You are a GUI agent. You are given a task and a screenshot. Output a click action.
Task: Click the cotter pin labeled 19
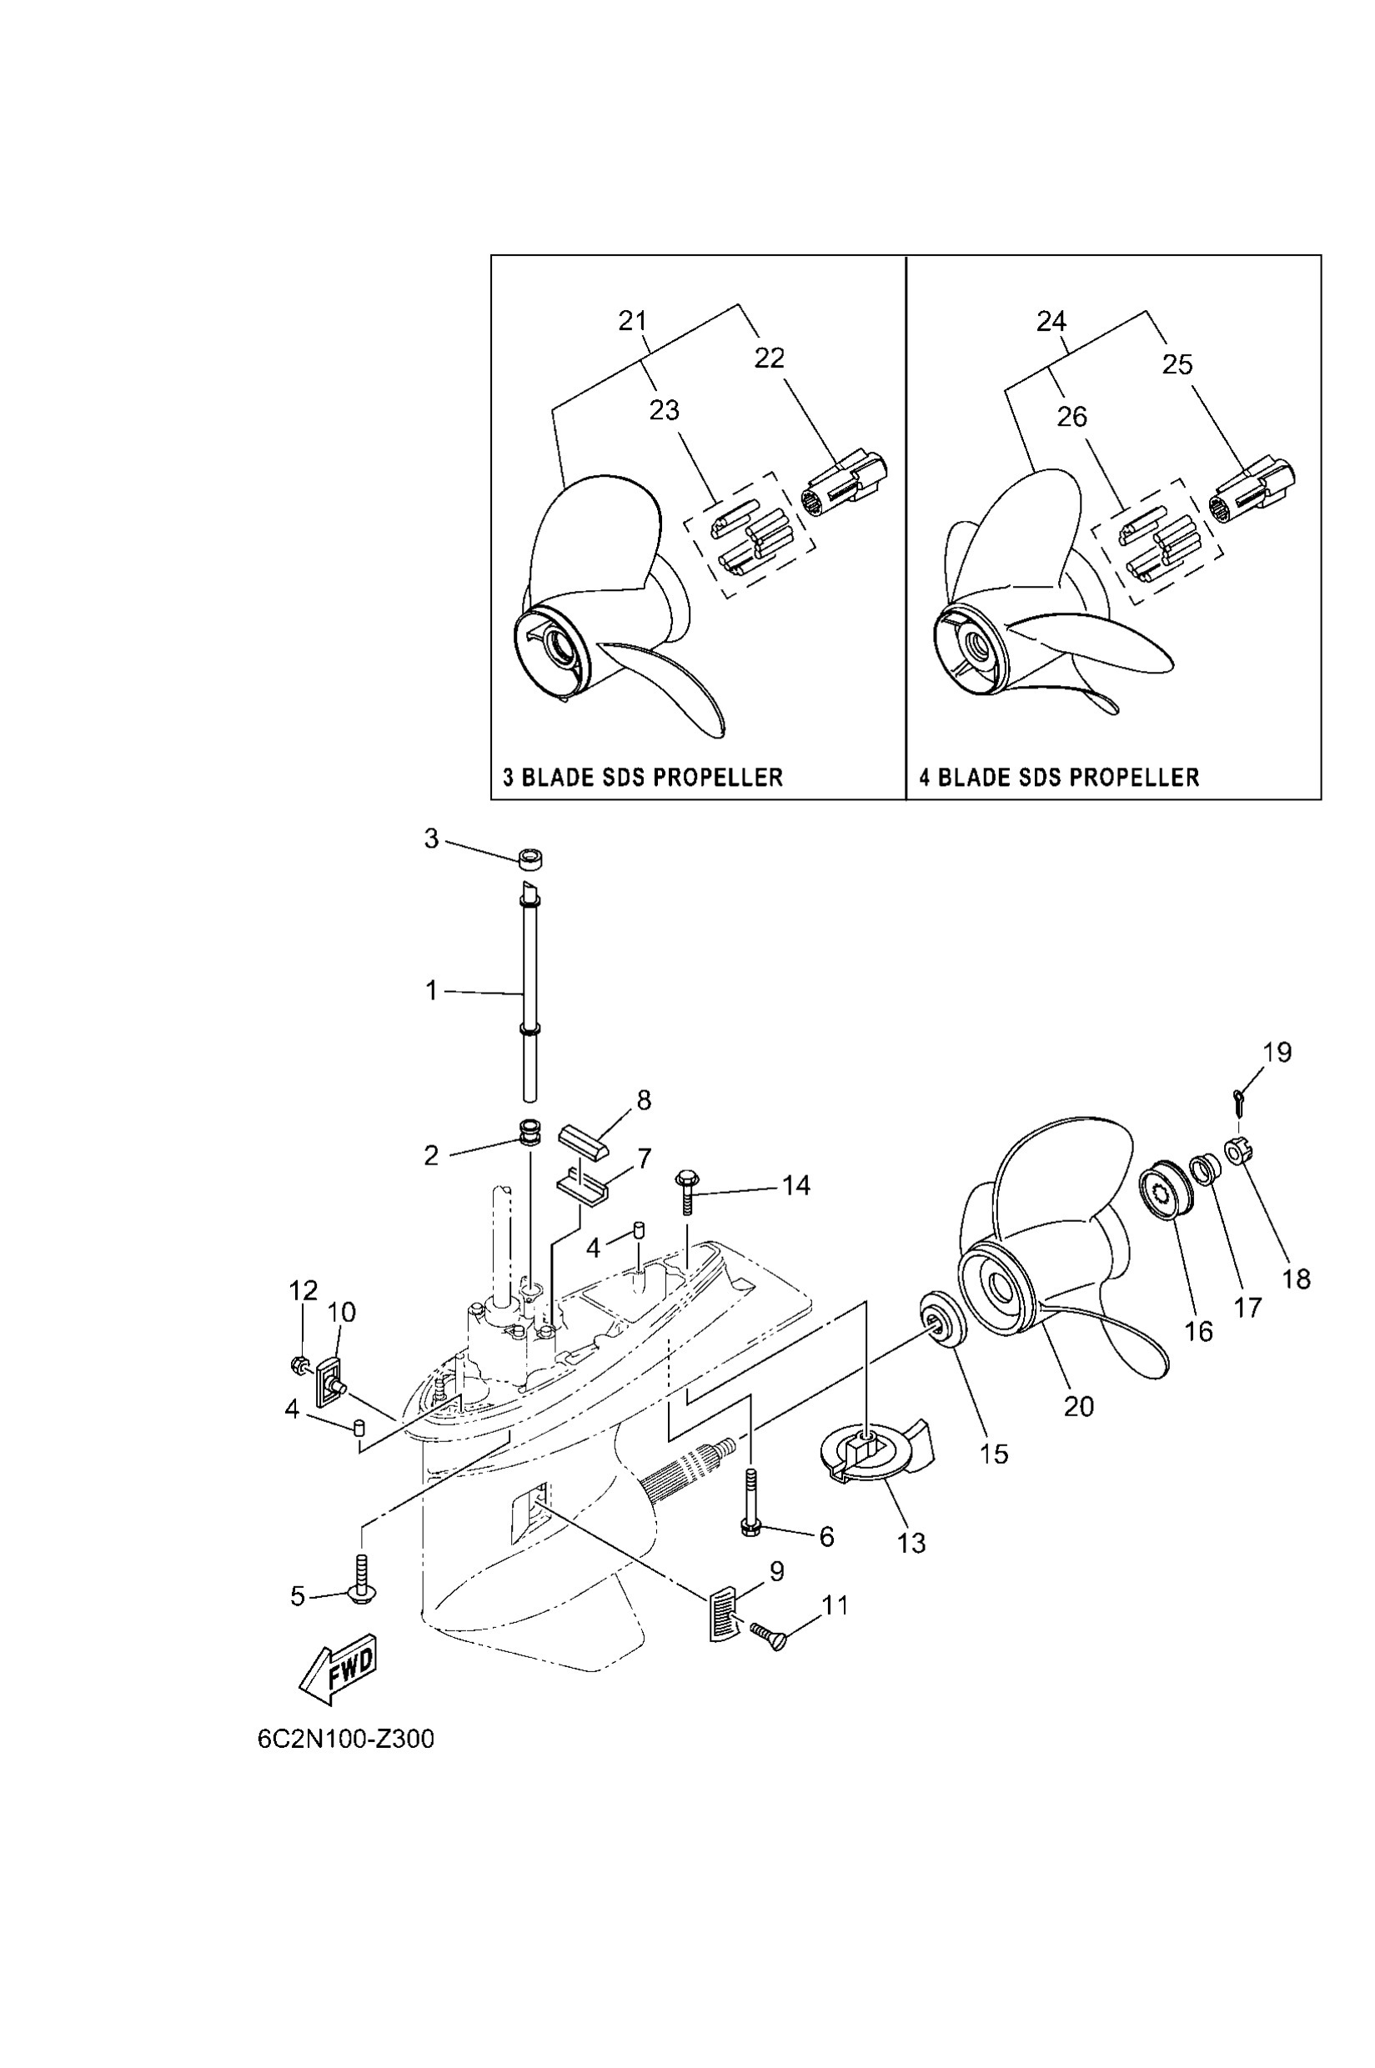1237,1102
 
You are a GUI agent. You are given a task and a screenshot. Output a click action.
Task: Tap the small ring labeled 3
531,859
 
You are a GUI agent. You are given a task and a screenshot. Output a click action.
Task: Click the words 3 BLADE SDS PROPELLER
642,777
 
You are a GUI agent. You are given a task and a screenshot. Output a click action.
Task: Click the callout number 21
632,321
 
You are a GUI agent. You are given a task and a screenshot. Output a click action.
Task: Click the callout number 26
1071,417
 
